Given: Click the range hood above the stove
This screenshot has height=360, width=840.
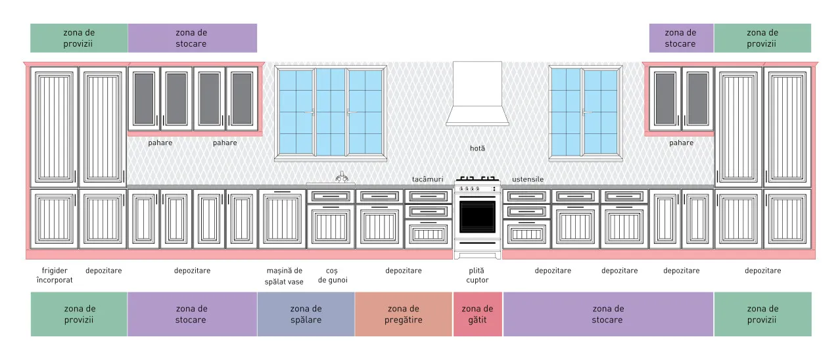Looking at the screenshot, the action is click(x=477, y=94).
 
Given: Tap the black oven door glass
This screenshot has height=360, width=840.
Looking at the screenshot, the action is click(x=477, y=217).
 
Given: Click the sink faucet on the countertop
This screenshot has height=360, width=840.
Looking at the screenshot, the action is click(x=341, y=177).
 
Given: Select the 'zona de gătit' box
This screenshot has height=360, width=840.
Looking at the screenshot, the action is click(x=477, y=314).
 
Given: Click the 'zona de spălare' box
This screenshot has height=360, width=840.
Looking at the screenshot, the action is click(x=306, y=314).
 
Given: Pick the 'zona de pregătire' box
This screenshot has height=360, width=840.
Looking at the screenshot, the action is click(x=403, y=314).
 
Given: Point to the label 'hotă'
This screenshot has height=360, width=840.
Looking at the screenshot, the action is click(x=477, y=148).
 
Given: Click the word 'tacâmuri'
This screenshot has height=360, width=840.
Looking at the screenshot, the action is click(x=427, y=179).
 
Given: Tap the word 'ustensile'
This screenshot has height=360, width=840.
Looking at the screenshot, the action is click(x=528, y=179).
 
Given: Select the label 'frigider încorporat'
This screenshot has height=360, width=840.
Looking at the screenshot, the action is click(x=55, y=275).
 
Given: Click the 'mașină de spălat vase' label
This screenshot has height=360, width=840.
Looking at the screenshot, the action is click(x=284, y=276).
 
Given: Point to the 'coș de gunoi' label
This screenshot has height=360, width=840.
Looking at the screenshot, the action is click(x=333, y=275).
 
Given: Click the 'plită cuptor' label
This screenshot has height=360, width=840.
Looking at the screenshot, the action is click(x=477, y=275).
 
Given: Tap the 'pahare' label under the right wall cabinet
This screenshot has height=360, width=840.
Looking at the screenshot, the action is click(x=681, y=143).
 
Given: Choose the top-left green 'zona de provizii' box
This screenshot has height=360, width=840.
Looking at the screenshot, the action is click(x=79, y=38).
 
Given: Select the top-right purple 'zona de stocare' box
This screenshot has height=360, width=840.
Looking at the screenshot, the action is click(x=681, y=38).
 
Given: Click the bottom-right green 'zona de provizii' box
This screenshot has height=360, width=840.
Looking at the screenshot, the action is click(x=762, y=314).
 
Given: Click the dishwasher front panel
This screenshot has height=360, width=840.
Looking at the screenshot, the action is click(x=282, y=219).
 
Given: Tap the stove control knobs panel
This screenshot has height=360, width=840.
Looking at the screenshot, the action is click(x=477, y=189).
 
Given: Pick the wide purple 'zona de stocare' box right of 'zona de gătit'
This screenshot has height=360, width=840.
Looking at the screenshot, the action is click(x=608, y=314).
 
